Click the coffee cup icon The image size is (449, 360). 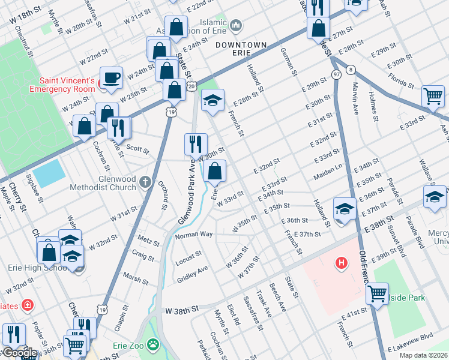112,77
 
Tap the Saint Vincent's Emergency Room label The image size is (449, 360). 67,85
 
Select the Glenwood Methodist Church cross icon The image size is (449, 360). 145,181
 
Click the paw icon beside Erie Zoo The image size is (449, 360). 154,345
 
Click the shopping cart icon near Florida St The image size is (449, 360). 433,95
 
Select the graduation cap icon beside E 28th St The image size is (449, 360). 211,100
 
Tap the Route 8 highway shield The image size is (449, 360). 350,70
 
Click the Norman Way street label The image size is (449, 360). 194,235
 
